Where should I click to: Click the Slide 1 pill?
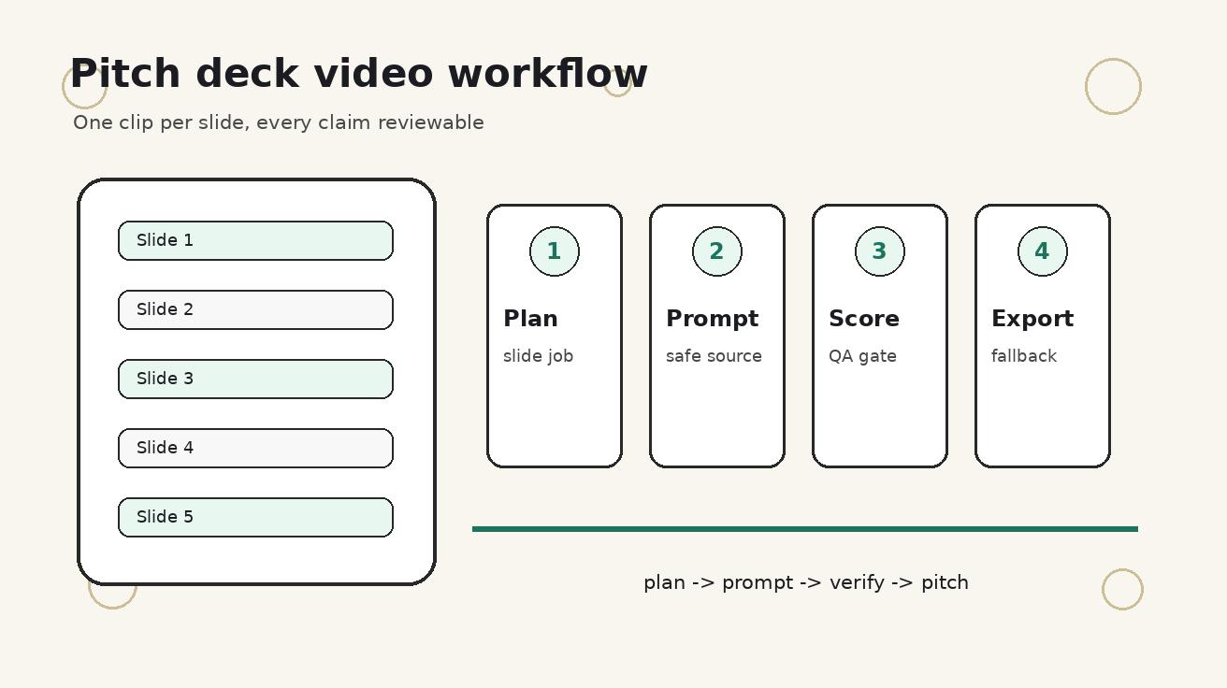(256, 241)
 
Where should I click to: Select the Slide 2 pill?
(256, 309)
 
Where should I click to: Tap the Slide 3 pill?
(256, 379)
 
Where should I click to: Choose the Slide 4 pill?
(256, 449)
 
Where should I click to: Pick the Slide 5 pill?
(256, 517)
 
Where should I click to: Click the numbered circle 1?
(555, 251)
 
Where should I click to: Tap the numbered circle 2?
(717, 251)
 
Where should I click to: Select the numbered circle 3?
(880, 251)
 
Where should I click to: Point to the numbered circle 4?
(1043, 251)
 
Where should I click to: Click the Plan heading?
(530, 319)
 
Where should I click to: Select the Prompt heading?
(712, 319)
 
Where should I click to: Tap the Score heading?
(864, 319)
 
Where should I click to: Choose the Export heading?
(1032, 319)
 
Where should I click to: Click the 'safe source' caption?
(714, 356)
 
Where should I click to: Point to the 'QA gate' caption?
(862, 357)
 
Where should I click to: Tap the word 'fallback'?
(1024, 356)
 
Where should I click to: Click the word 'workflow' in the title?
(548, 73)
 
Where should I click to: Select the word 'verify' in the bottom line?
(857, 583)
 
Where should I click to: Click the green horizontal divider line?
(805, 529)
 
